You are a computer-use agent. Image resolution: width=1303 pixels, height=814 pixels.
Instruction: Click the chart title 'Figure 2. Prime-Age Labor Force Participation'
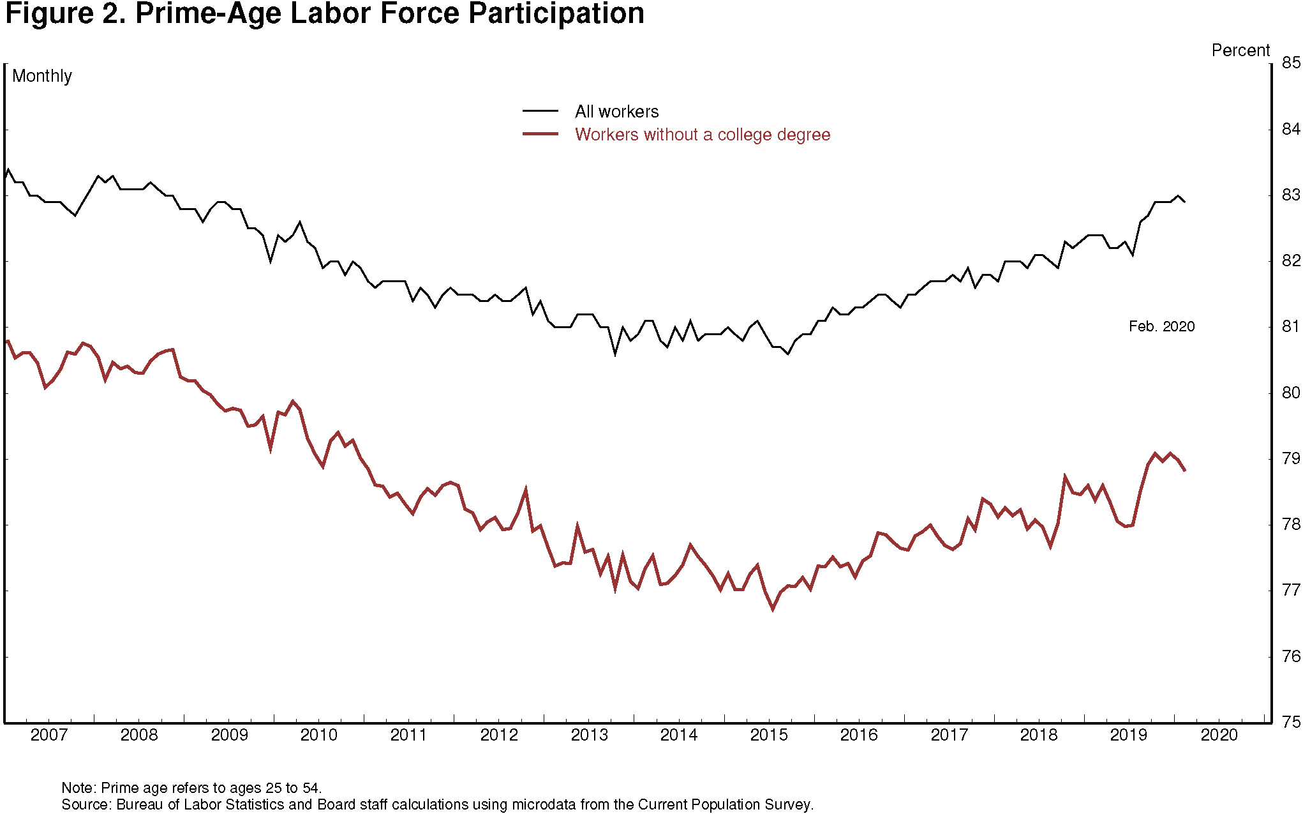tap(324, 14)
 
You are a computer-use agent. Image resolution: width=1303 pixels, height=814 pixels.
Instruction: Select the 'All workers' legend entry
tap(616, 112)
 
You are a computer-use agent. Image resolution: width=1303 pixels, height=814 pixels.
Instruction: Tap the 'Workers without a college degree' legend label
tap(702, 135)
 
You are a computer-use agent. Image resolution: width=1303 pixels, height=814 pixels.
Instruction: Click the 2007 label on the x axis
tap(48, 735)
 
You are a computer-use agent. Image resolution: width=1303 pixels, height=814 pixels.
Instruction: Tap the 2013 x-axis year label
tap(589, 735)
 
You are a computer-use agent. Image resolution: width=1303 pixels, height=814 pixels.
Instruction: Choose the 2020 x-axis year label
tap(1219, 735)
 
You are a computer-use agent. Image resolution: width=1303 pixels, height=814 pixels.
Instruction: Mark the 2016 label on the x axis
tap(859, 735)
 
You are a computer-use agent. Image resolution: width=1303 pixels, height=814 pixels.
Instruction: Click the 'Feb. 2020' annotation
tap(1161, 327)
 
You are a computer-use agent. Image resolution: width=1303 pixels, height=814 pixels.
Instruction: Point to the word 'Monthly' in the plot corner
tap(42, 76)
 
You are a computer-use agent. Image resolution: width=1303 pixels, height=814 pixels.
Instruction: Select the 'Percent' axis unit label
tap(1240, 50)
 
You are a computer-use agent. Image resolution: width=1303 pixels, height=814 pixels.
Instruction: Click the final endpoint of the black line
tap(1185, 202)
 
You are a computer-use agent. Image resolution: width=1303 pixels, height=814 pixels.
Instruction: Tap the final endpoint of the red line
tap(1185, 471)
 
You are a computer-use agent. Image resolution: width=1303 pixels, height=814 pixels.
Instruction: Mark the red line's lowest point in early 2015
tap(773, 610)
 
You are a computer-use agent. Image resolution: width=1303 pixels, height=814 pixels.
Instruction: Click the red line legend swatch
tap(540, 134)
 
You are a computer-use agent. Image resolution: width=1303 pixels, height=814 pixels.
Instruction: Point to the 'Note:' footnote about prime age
tap(191, 788)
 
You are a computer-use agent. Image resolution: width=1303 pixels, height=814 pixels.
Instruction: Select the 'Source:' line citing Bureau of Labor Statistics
tap(437, 804)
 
